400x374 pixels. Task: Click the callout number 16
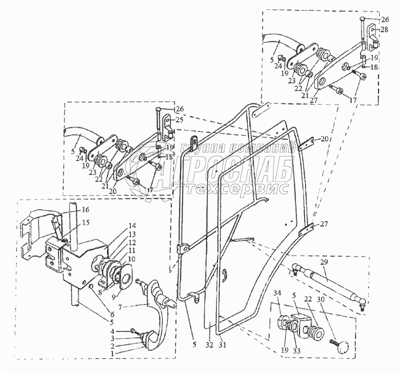(x=85, y=210)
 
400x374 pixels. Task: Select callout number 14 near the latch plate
(x=118, y=225)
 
